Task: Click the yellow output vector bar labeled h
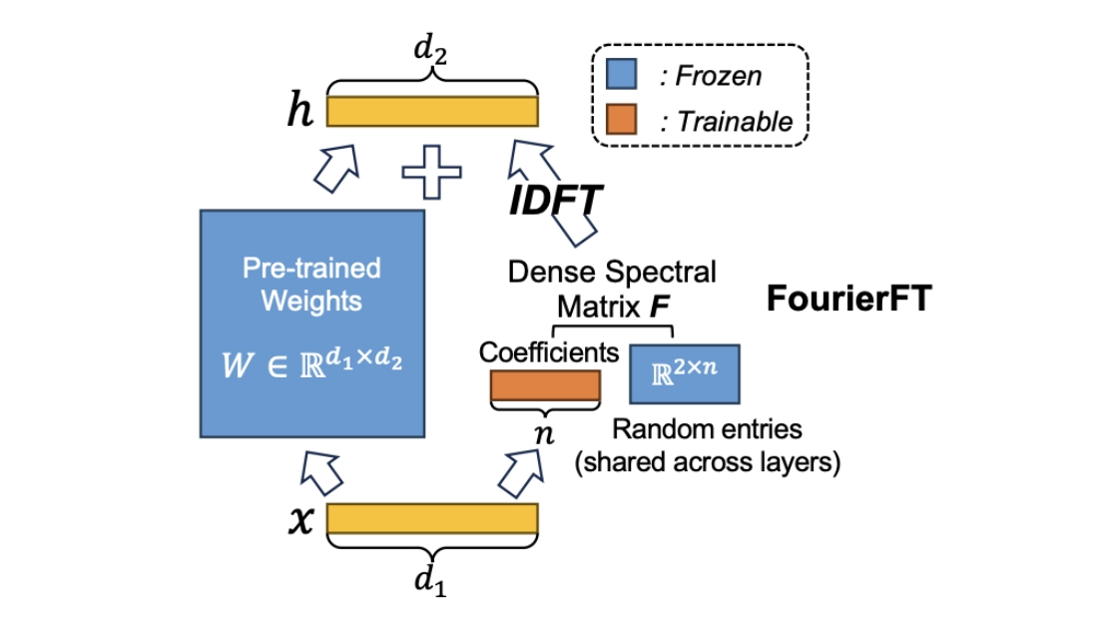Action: click(432, 111)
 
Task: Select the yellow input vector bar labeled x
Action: click(432, 519)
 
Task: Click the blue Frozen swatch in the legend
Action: click(622, 75)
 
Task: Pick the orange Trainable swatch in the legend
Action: click(622, 120)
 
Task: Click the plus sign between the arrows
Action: click(431, 172)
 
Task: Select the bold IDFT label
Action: click(555, 201)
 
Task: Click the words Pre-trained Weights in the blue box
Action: click(312, 285)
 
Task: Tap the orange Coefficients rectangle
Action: click(545, 386)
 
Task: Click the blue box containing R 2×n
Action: click(683, 375)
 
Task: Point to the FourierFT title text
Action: click(847, 299)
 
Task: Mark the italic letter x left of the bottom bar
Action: click(300, 521)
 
